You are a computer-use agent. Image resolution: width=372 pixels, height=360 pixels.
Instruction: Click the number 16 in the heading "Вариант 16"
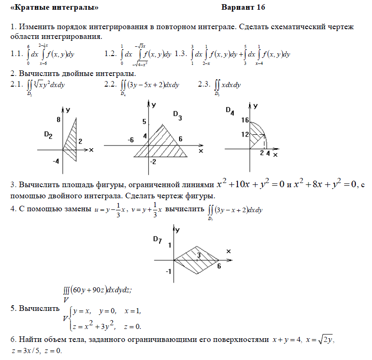[260, 7]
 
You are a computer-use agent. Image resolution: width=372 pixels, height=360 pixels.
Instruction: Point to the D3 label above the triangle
[177, 115]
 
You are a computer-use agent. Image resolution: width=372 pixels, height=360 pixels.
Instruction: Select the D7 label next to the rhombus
[157, 240]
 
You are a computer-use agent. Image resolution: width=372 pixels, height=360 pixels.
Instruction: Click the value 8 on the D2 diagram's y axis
[59, 120]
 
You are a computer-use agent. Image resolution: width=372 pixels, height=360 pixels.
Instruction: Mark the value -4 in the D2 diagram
[55, 161]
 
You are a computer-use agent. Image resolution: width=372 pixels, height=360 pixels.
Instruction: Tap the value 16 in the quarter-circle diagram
[245, 120]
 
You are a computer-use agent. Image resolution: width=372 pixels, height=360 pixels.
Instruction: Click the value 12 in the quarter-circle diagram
[245, 134]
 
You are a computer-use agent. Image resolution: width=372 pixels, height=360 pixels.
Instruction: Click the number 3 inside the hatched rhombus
[198, 255]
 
